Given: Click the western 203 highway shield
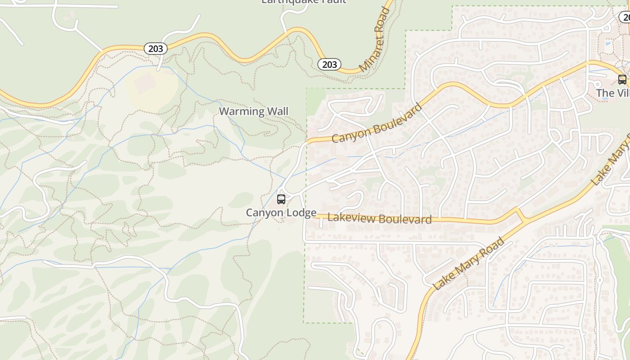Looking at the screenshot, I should click(156, 49).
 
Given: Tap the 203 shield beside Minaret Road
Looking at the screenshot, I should click(329, 64).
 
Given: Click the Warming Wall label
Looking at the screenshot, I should click(253, 111).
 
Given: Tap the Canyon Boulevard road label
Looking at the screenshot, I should click(377, 123).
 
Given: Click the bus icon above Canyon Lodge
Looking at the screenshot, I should click(281, 199).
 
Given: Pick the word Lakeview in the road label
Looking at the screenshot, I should click(348, 218).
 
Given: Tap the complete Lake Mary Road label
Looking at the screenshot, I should click(468, 264).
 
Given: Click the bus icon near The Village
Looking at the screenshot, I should click(622, 80).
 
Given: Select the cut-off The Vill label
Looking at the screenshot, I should click(612, 93).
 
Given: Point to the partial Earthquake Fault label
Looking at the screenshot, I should click(304, 2).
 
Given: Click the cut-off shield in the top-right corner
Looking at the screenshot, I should click(625, 17).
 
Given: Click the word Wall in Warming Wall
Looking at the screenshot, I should click(279, 111).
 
